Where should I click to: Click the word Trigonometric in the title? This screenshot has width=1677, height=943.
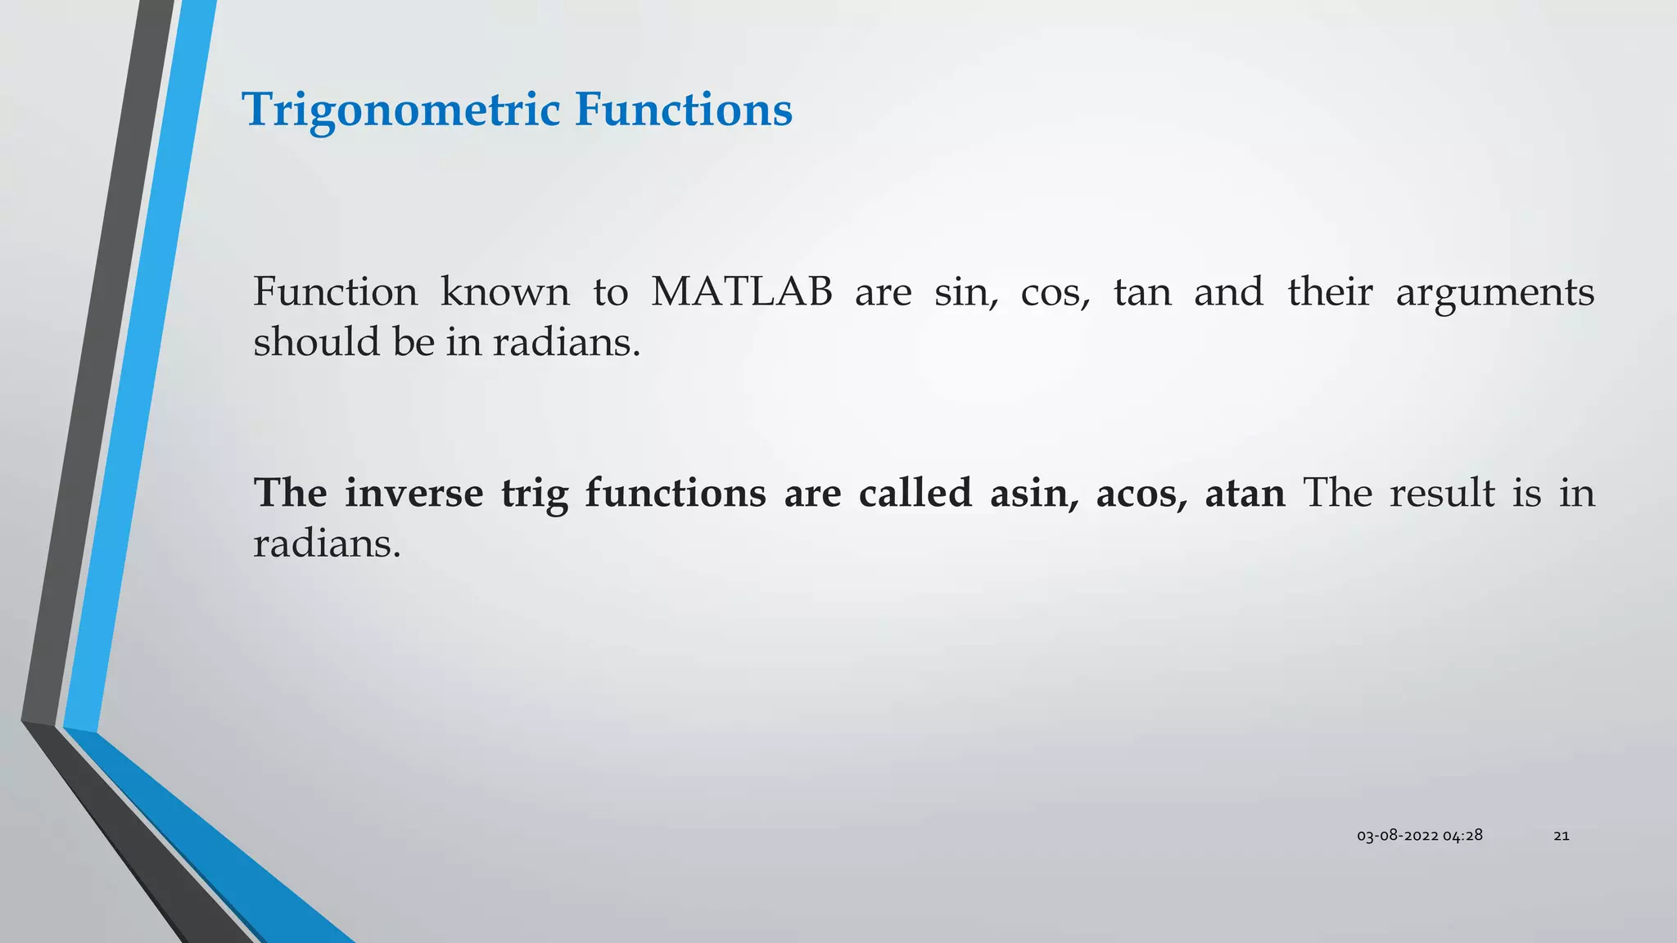tap(401, 111)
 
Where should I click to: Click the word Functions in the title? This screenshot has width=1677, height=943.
tap(683, 109)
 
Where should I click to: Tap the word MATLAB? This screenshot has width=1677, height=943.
tap(742, 292)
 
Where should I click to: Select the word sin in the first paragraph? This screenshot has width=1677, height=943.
tap(965, 292)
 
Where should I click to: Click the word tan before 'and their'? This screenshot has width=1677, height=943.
tap(1142, 292)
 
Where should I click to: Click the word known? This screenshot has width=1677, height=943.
tap(504, 292)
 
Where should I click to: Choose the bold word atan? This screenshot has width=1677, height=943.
tap(1245, 494)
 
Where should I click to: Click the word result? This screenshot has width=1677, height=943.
tap(1442, 494)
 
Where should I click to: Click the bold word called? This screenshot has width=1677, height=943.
tap(915, 494)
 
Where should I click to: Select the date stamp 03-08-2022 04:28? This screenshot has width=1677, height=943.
tap(1419, 836)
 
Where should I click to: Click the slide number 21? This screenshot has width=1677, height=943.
tap(1561, 836)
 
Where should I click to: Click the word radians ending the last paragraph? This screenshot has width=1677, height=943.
tap(326, 544)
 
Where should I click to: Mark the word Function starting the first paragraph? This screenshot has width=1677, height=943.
tap(335, 292)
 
